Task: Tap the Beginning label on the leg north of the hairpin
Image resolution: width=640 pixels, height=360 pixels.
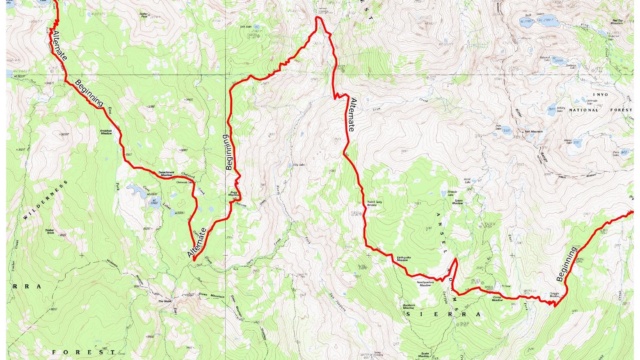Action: click(x=229, y=151)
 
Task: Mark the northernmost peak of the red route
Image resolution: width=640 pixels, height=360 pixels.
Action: click(x=319, y=18)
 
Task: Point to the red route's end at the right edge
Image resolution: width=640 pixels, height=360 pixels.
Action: click(x=631, y=212)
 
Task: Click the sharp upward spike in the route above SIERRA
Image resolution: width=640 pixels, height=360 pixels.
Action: click(x=454, y=262)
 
